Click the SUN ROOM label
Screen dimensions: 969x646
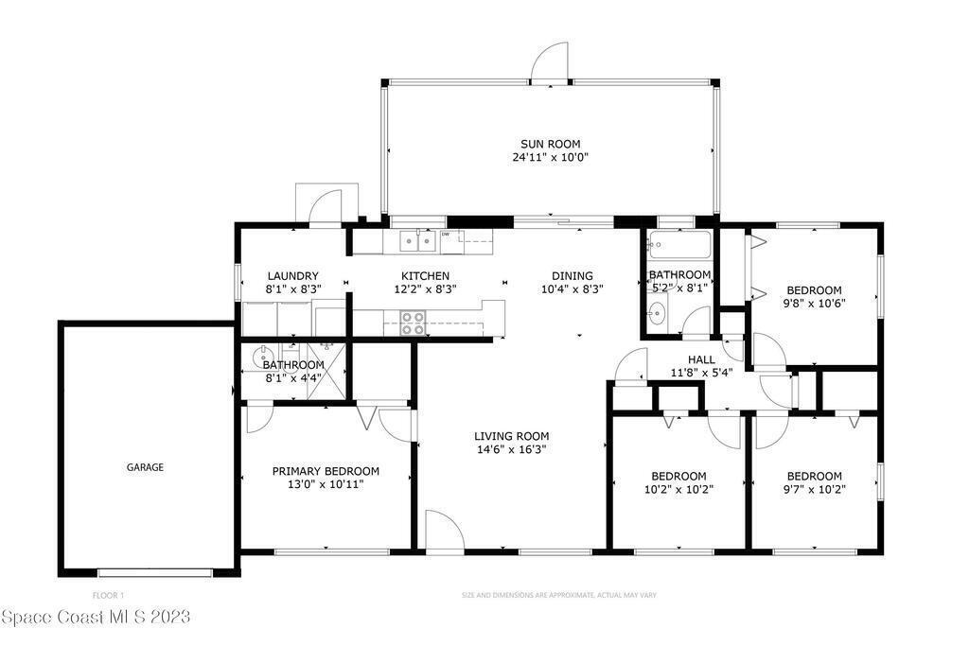[x=550, y=144]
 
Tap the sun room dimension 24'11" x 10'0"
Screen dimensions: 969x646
[x=550, y=158]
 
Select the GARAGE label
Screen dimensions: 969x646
[x=145, y=467]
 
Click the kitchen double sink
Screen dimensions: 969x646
[x=417, y=241]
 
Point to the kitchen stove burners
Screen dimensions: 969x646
[x=413, y=323]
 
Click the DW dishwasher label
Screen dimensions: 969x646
[x=445, y=234]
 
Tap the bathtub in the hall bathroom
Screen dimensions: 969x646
[x=679, y=244]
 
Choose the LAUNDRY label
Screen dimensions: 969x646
[x=293, y=276]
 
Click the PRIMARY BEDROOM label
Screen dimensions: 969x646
[x=326, y=471]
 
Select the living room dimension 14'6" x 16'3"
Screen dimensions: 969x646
[x=512, y=449]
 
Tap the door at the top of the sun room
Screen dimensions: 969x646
[x=550, y=61]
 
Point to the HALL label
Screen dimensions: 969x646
[x=701, y=359]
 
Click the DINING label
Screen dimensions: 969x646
[x=573, y=276]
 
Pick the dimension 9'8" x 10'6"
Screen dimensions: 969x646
[x=814, y=304]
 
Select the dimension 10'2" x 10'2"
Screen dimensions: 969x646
[x=678, y=490]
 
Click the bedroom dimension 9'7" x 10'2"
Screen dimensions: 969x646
[x=814, y=490]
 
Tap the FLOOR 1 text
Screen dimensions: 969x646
[x=108, y=596]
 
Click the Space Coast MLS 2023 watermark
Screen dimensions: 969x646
[x=96, y=617]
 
